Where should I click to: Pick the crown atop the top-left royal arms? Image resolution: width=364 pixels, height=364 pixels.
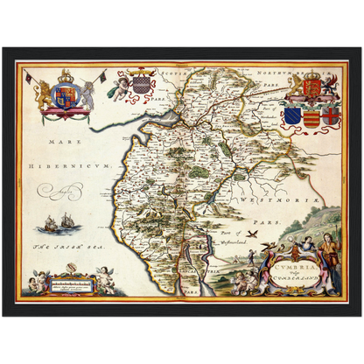click(x=66, y=75)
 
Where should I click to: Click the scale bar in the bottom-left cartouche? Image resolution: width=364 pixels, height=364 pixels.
click(x=73, y=285)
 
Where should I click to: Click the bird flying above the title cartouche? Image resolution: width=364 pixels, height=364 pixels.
click(x=255, y=234)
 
